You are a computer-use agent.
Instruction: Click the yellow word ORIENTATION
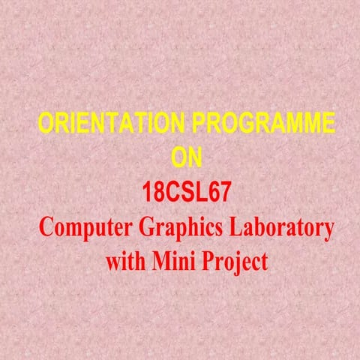click(104, 124)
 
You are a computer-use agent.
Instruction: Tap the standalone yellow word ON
click(187, 157)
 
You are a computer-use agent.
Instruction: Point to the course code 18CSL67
click(187, 193)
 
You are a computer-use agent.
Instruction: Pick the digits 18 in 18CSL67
click(152, 193)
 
